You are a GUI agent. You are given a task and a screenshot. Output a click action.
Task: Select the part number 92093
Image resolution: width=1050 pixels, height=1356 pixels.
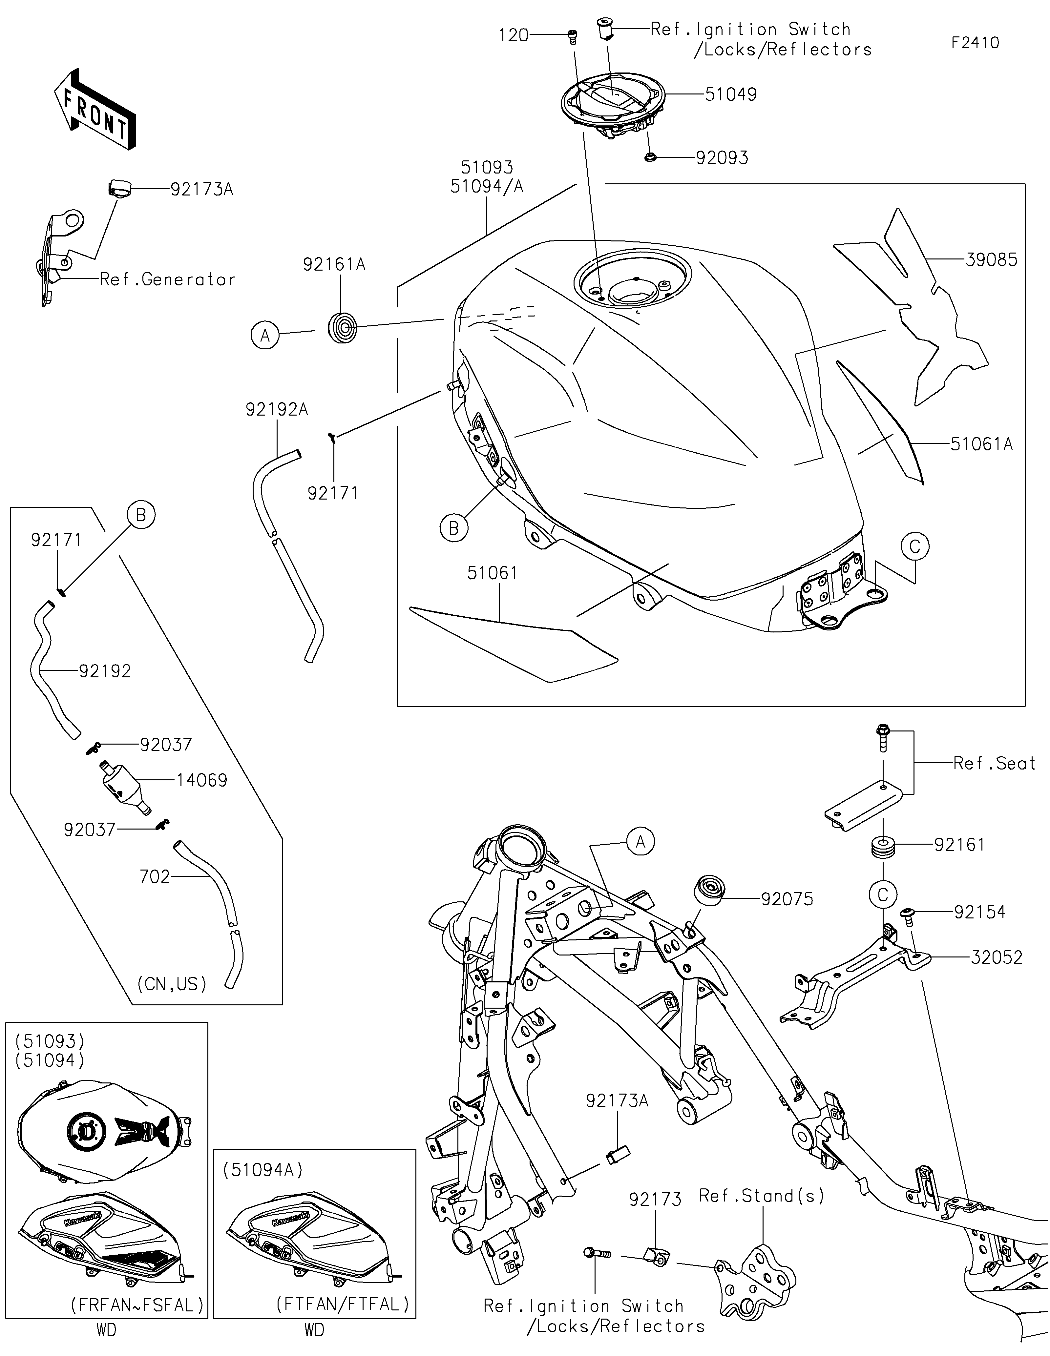tap(722, 158)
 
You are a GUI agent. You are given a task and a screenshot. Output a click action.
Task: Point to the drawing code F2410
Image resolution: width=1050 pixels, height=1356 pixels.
tap(976, 43)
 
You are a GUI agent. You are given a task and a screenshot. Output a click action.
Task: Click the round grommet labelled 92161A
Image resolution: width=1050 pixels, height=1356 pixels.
tap(342, 328)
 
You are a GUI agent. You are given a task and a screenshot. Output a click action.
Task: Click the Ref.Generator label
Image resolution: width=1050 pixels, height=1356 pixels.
tap(168, 280)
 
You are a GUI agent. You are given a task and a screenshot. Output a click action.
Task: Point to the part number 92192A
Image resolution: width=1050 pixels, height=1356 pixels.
tap(277, 410)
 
